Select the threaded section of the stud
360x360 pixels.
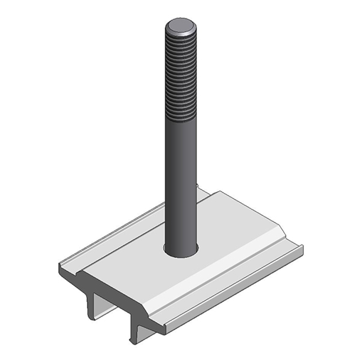pos(181,80)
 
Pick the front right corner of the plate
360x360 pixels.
pos(164,332)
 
